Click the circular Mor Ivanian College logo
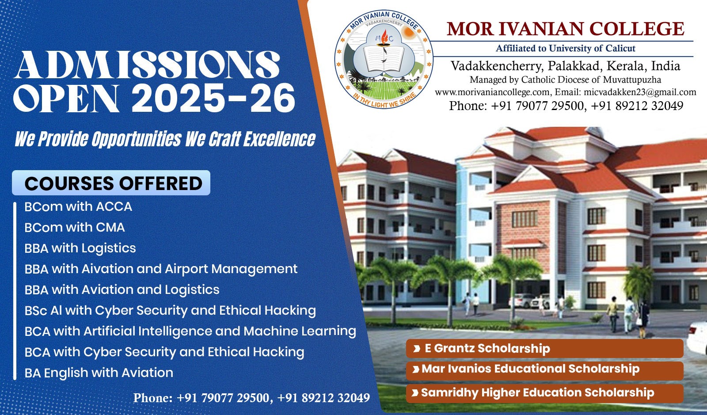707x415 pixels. click(x=384, y=59)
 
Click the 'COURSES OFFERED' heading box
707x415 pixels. click(x=111, y=183)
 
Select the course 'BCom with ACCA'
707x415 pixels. click(x=78, y=207)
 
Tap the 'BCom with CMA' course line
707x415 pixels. click(x=75, y=228)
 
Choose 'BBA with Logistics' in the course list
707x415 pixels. click(x=80, y=248)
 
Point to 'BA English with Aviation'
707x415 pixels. click(x=99, y=373)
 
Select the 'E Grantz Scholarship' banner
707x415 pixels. click(x=544, y=348)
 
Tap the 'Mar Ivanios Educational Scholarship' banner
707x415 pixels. click(x=544, y=369)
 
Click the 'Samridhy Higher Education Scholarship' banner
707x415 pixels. click(x=544, y=393)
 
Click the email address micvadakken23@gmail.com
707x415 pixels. click(x=640, y=92)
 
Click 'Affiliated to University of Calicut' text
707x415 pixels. click(x=566, y=48)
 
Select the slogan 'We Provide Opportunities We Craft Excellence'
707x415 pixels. click(x=165, y=139)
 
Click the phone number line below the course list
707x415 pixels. click(x=251, y=398)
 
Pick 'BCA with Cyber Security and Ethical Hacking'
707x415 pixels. click(x=164, y=352)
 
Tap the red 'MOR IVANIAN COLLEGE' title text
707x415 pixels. click(x=566, y=29)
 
